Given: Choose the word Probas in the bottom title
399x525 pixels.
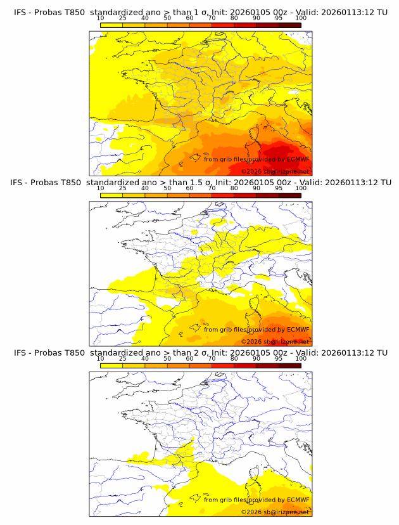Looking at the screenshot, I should point(45,353).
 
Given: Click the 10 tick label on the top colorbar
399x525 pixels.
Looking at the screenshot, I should point(100,18).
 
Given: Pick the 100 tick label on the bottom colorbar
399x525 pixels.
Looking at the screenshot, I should point(300,358).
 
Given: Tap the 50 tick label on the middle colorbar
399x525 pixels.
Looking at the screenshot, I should point(167,188).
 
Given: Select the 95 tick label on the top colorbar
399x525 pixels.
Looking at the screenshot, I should point(279,18).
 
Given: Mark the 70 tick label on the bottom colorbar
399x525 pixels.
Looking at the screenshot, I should point(212,358).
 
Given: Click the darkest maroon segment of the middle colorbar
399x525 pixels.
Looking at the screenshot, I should point(289,195).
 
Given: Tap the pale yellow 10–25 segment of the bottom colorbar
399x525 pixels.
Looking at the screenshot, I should point(111,365).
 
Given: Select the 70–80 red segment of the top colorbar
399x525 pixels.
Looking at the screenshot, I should point(223,25).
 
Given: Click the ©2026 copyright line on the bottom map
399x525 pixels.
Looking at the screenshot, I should point(275,512).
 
